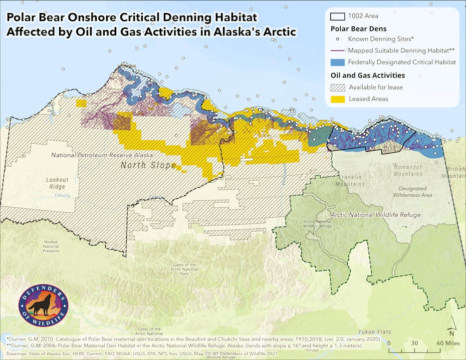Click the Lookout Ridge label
tap(57, 183)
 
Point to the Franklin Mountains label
tap(349, 181)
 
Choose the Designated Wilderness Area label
tap(412, 192)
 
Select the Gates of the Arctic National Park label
tap(185, 269)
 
